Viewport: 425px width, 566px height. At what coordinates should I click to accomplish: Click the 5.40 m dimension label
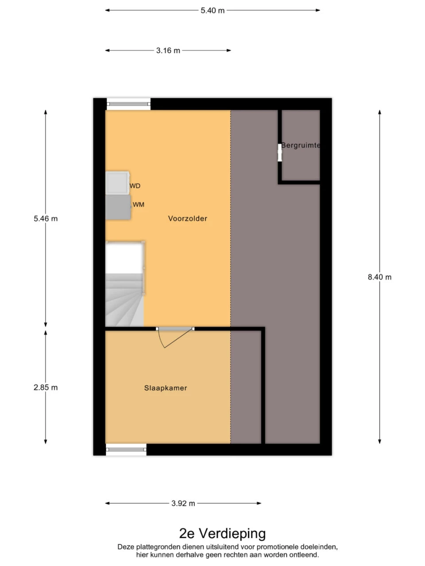(x=212, y=11)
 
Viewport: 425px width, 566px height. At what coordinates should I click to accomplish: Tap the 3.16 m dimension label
(x=168, y=50)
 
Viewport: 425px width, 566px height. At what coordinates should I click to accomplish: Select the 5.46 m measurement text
(x=46, y=219)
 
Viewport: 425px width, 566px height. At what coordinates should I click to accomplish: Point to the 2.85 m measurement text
(x=46, y=387)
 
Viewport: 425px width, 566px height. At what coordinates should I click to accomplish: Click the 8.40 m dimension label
(x=379, y=277)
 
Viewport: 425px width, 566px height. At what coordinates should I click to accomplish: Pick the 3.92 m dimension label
(x=183, y=503)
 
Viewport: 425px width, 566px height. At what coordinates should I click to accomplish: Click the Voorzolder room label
(x=187, y=218)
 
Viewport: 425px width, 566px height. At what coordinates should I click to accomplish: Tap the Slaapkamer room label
(x=166, y=388)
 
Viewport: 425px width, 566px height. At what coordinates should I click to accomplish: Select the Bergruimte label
(x=300, y=145)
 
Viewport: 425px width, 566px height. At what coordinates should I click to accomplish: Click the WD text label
(x=135, y=186)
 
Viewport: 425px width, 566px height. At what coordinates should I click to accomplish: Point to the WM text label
(x=138, y=205)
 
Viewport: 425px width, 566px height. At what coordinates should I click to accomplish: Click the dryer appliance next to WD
(x=117, y=183)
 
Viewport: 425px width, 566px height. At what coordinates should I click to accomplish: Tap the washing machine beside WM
(x=118, y=207)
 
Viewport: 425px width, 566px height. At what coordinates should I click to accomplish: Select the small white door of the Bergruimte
(x=280, y=153)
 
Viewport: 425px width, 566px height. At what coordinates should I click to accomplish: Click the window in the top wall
(x=128, y=104)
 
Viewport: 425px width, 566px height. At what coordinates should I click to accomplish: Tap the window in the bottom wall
(x=126, y=449)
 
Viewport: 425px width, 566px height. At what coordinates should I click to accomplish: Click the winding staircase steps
(x=124, y=300)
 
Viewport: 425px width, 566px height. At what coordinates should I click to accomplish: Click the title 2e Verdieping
(x=222, y=534)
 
